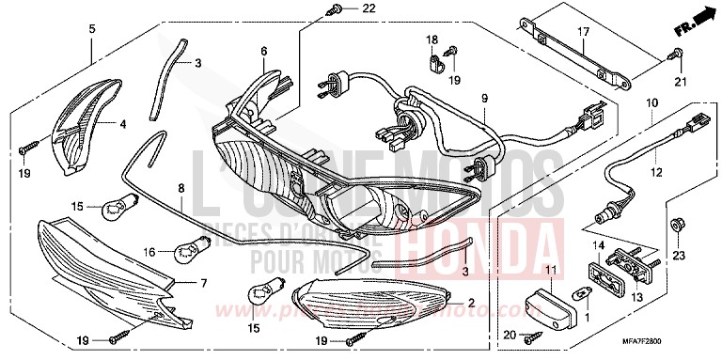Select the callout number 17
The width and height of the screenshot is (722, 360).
[583, 32]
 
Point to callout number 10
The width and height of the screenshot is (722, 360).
[651, 101]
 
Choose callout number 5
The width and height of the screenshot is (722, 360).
[91, 29]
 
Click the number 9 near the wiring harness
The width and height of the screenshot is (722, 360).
[485, 98]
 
